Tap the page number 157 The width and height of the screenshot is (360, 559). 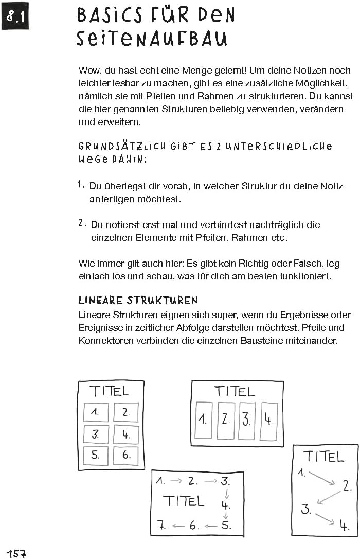pos(16,553)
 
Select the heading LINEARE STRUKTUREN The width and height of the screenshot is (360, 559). pos(138,300)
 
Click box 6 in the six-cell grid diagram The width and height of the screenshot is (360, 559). pos(125,455)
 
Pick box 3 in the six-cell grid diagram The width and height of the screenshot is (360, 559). pos(96,434)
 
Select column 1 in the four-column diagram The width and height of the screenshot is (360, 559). pos(204,420)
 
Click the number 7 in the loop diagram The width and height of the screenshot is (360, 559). pos(161,526)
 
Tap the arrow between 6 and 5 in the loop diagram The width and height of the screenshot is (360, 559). pos(210,526)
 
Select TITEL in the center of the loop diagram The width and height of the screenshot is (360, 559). pos(184,501)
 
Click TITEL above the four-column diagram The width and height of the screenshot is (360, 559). pos(235,391)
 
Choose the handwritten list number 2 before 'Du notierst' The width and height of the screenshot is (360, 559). pos(82,223)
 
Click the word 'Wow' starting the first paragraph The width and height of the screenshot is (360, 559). pos(88,70)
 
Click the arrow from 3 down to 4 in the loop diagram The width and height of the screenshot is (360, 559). pos(226,495)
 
